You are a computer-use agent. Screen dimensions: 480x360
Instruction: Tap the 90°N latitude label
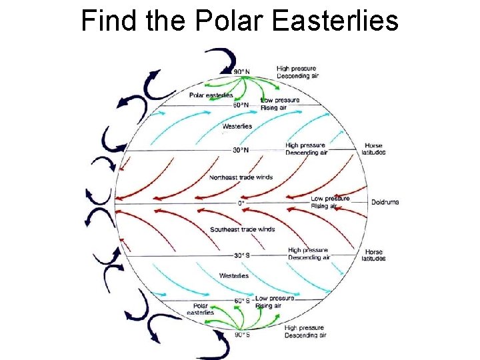242,71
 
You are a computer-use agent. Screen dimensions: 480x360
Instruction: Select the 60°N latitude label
241,105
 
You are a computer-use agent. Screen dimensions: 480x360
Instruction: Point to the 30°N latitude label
240,150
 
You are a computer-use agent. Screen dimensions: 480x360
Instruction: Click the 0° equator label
241,203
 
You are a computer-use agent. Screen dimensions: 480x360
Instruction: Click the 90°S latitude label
242,334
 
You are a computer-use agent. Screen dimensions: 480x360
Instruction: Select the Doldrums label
385,202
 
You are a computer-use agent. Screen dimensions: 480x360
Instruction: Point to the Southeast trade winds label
242,229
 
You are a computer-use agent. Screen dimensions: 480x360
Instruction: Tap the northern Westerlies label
237,127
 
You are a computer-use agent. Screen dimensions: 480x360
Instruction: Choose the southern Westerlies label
234,275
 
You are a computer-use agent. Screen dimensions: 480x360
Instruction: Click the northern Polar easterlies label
211,95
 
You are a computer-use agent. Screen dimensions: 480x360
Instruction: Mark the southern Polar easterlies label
201,309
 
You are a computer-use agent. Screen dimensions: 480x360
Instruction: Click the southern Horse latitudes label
374,255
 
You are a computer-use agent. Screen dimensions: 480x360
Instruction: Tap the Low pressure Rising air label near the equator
330,202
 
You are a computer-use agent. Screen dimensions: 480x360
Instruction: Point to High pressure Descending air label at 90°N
297,72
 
